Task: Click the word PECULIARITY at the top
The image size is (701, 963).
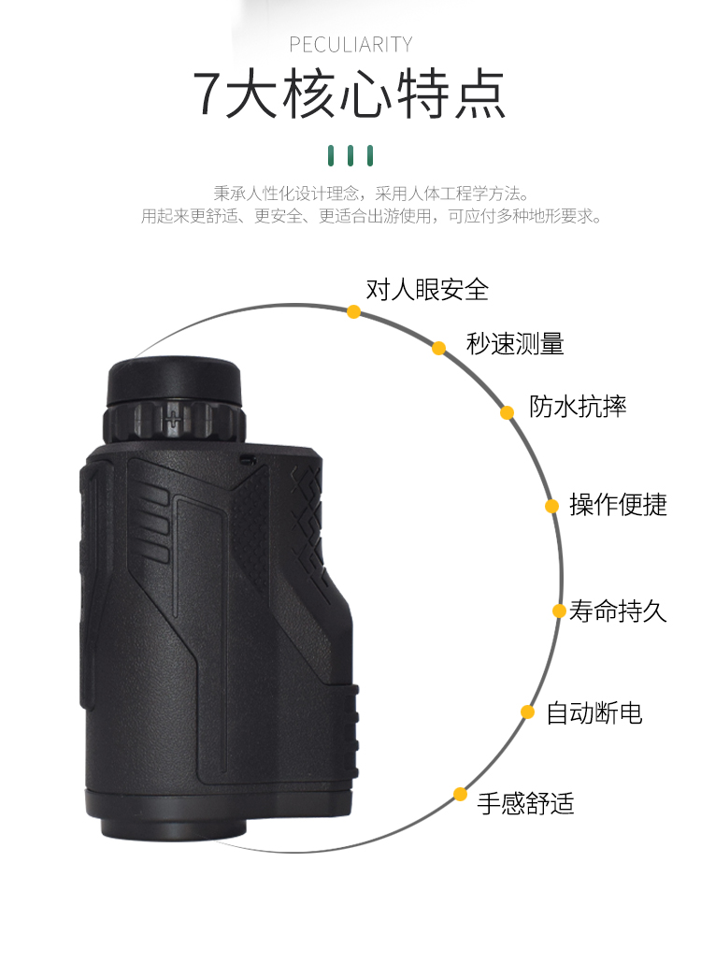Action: click(350, 45)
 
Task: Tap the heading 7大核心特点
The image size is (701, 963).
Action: click(350, 93)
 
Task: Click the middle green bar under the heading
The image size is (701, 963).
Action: click(350, 154)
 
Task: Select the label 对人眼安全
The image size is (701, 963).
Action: click(427, 289)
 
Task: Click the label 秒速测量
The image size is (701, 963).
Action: click(515, 343)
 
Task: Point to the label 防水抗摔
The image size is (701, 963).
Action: click(578, 406)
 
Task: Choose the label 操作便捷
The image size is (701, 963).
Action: click(618, 504)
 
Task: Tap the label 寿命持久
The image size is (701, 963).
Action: click(618, 611)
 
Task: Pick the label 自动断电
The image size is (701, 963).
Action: click(594, 713)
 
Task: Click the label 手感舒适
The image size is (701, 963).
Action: click(525, 803)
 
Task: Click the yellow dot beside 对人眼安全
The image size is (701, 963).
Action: click(353, 311)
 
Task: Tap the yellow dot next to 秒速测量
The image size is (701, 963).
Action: click(438, 348)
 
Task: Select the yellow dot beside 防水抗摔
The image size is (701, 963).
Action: click(507, 412)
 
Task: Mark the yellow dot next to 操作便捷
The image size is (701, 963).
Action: click(552, 506)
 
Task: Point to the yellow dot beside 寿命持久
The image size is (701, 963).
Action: click(559, 611)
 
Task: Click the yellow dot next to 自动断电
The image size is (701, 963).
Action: click(528, 712)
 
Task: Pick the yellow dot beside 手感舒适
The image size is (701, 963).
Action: click(460, 795)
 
